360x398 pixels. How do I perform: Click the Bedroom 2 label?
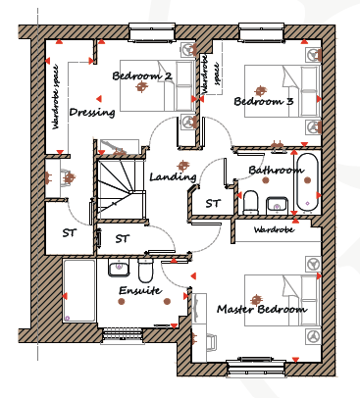[142, 75]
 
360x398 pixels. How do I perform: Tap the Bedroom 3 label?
[264, 101]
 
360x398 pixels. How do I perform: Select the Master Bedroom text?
[262, 309]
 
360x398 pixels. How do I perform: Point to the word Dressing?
[92, 113]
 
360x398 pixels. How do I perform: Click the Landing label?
[173, 176]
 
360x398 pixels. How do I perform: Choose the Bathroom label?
[276, 170]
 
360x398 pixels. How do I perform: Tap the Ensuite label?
[140, 290]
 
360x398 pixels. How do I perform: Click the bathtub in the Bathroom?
[307, 182]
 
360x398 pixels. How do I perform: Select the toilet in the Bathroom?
[251, 203]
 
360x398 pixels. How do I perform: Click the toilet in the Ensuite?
[145, 271]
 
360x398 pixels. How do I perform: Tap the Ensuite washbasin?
[120, 268]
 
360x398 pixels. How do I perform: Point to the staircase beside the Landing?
[121, 188]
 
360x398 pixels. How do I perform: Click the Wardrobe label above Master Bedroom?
[274, 229]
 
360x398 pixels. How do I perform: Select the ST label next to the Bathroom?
[213, 203]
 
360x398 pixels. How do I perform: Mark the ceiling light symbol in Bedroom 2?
[141, 87]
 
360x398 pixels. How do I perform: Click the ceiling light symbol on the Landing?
[182, 166]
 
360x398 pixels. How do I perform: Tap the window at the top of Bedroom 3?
[261, 32]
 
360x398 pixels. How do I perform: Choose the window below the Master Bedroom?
[257, 368]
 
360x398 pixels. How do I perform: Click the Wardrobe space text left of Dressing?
[55, 97]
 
